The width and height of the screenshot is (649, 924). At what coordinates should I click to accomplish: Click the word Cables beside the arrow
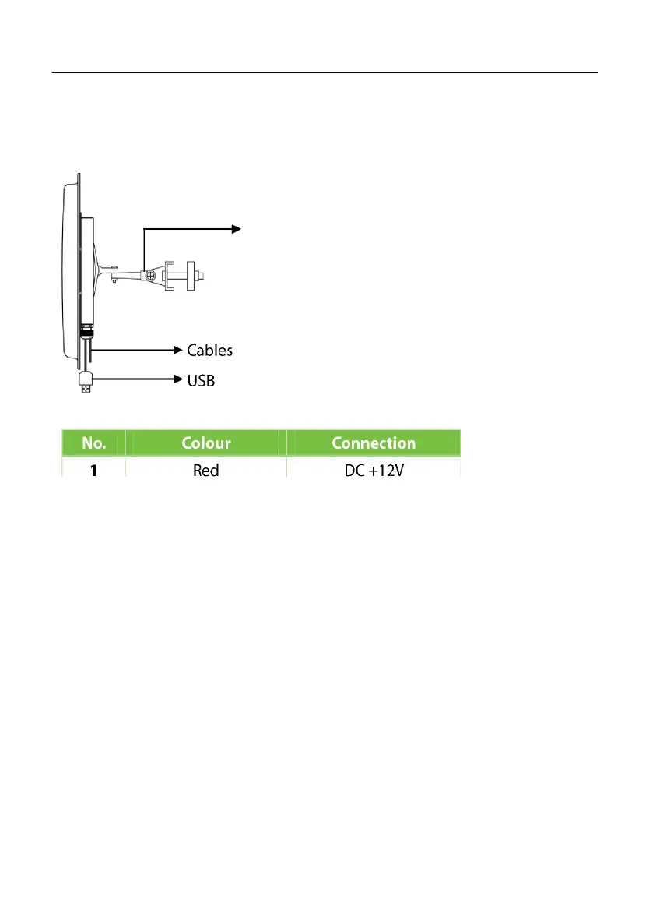pos(209,351)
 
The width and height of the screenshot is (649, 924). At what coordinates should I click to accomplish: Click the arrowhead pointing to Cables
pos(178,351)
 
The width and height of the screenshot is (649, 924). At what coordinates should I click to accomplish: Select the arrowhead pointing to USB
pos(178,380)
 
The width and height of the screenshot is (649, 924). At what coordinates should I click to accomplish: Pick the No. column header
pos(93,443)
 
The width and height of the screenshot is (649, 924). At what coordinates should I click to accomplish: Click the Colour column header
pos(206,443)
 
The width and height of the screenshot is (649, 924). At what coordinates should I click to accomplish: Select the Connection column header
pos(374,443)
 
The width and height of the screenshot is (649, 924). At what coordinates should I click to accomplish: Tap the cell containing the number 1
pos(93,471)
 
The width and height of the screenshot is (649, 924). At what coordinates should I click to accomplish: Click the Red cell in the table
pos(206,471)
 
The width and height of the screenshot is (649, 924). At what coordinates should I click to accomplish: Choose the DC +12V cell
pos(374,471)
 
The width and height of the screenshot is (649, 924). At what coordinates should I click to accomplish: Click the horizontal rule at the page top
pos(324,73)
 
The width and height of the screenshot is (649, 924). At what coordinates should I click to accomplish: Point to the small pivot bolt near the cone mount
pos(114,281)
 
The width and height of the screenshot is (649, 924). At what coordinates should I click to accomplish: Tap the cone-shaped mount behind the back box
pos(103,269)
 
